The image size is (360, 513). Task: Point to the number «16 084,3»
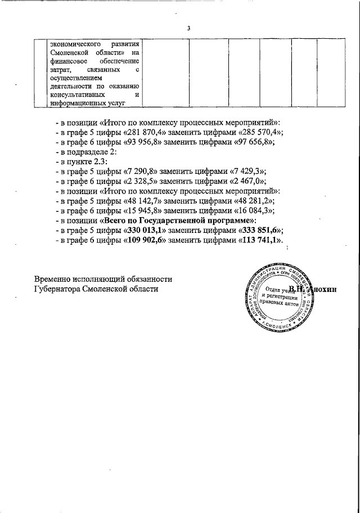click(x=255, y=211)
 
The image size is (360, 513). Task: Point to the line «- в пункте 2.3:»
click(x=82, y=161)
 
